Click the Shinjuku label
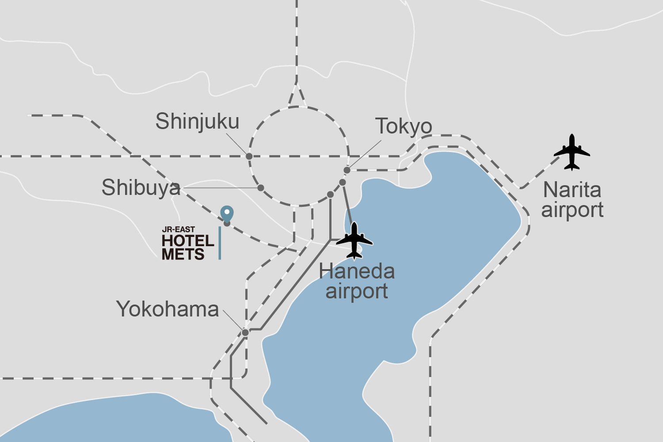pyautogui.click(x=197, y=122)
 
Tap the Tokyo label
pyautogui.click(x=404, y=126)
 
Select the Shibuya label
pyautogui.click(x=141, y=188)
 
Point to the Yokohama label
pyautogui.click(x=168, y=309)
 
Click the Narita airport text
pyautogui.click(x=572, y=200)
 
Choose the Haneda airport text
pyautogui.click(x=357, y=281)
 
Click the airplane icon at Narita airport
pyautogui.click(x=572, y=152)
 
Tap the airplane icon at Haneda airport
pyautogui.click(x=354, y=240)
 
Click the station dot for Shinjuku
pyautogui.click(x=249, y=156)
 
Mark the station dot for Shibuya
pyautogui.click(x=261, y=188)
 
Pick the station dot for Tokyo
pyautogui.click(x=347, y=170)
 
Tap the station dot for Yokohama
pyautogui.click(x=245, y=332)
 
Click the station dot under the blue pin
pyautogui.click(x=227, y=224)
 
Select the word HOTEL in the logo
pyautogui.click(x=188, y=241)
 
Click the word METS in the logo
pyautogui.click(x=183, y=254)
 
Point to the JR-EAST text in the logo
pyautogui.click(x=178, y=229)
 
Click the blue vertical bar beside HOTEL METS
pyautogui.click(x=220, y=243)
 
